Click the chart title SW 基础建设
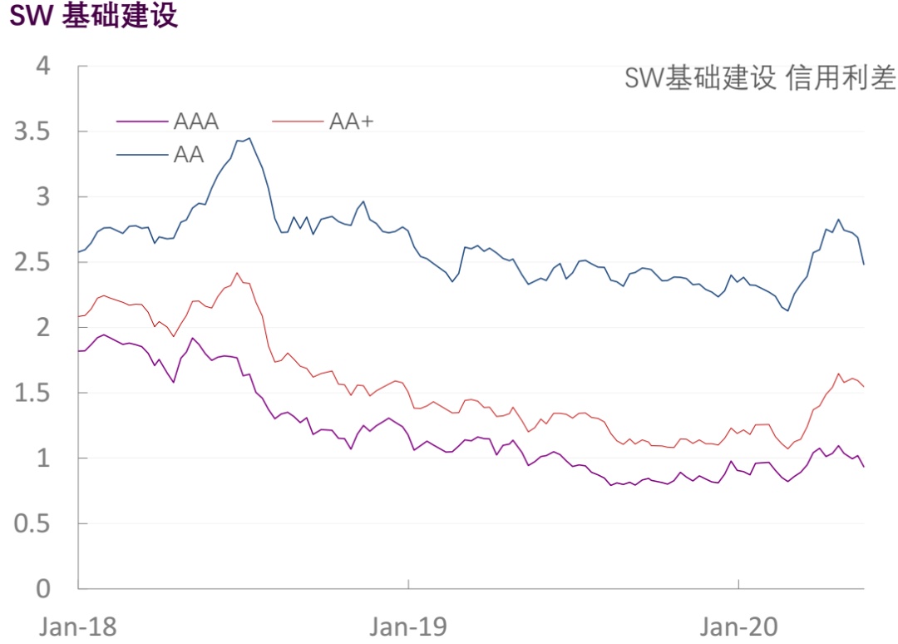pyautogui.click(x=94, y=17)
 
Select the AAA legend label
pyautogui.click(x=196, y=121)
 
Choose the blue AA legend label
pyautogui.click(x=189, y=155)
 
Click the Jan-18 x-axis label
pyautogui.click(x=78, y=626)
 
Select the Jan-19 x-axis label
pyautogui.click(x=408, y=626)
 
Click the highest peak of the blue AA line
pyautogui.click(x=249, y=138)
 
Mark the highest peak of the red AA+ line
pyautogui.click(x=237, y=273)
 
